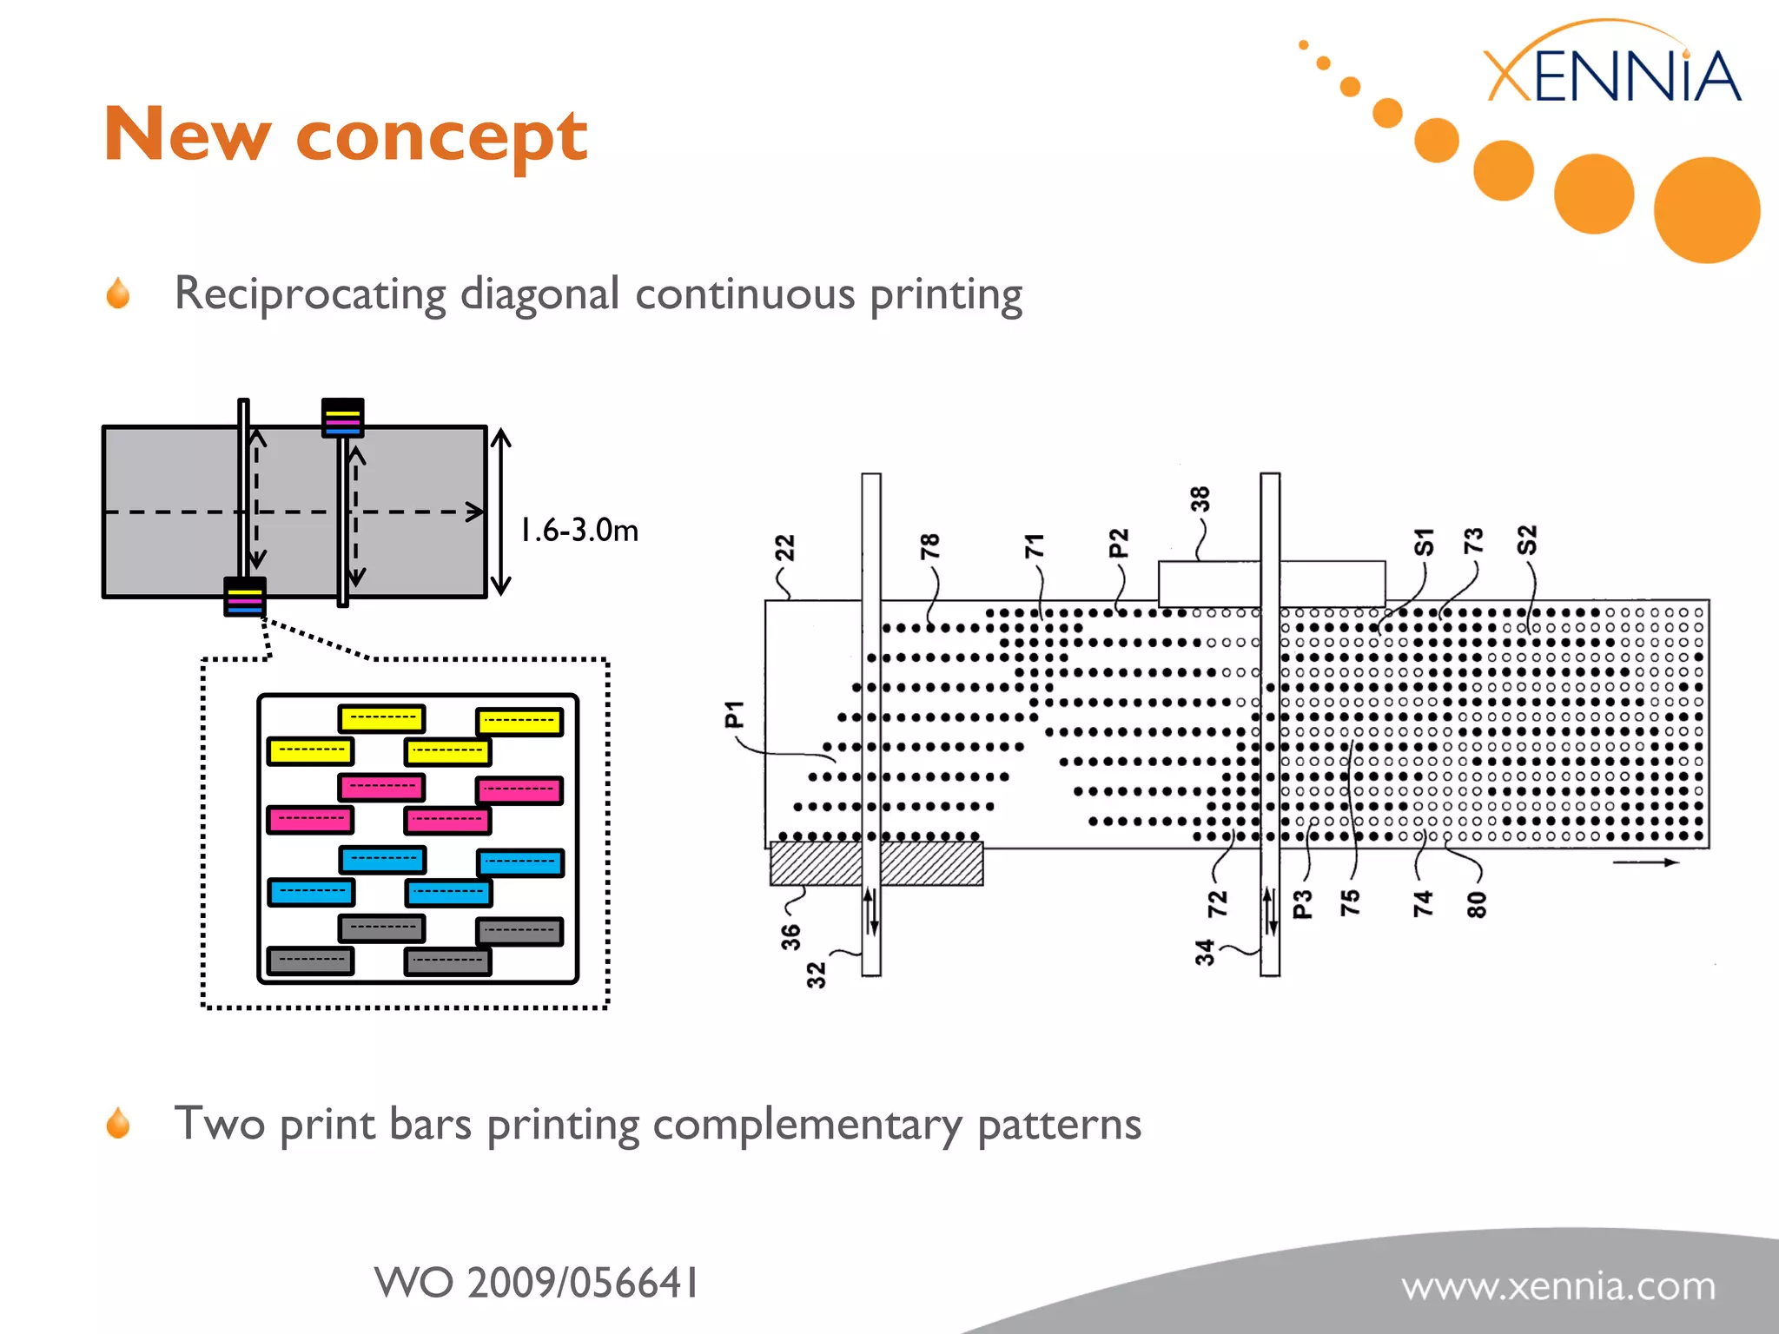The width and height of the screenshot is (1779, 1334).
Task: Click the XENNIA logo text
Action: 1612,76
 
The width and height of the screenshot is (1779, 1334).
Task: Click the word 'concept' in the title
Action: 441,137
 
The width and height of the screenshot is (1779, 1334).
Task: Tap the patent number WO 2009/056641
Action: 536,1283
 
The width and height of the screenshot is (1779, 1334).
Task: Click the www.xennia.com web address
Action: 1558,1286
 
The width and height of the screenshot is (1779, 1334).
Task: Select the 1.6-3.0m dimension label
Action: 579,529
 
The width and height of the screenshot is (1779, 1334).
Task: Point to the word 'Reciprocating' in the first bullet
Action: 310,294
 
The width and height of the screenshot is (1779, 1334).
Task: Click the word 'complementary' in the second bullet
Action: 807,1125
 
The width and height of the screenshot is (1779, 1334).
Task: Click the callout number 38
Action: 1200,499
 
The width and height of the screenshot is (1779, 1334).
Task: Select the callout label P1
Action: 735,714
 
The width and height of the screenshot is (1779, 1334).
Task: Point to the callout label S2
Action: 1526,540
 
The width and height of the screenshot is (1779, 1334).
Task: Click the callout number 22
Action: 784,549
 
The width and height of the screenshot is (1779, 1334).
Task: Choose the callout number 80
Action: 1477,904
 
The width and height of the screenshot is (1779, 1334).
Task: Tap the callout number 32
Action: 817,975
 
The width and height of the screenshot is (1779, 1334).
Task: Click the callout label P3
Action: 1302,904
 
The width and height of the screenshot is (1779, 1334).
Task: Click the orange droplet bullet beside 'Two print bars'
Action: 118,1123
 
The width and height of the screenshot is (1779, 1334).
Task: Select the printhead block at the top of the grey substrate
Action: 342,418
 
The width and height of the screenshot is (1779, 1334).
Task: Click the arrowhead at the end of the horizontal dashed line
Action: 475,511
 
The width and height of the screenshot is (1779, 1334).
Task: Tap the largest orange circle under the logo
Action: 1706,209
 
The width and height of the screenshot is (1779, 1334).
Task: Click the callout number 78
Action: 929,546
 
